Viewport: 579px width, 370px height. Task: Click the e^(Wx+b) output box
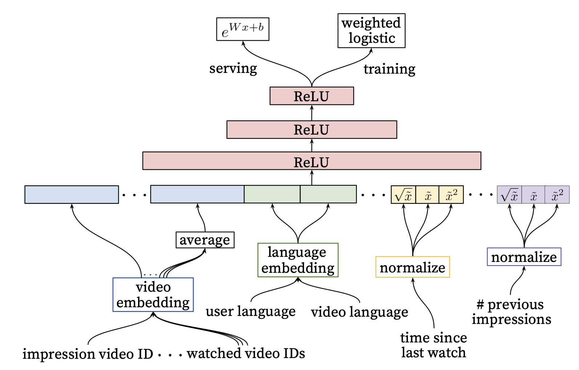click(x=243, y=29)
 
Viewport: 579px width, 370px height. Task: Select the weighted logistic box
click(x=371, y=31)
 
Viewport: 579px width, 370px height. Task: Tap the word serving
click(x=233, y=68)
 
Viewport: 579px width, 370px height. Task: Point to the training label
click(x=389, y=69)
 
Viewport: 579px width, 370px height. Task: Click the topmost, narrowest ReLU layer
click(x=312, y=96)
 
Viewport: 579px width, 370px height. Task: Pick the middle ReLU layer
click(x=312, y=130)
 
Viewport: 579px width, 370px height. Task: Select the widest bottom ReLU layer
click(x=312, y=161)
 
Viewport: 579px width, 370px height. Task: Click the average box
click(x=205, y=240)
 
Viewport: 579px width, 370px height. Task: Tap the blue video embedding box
click(x=153, y=295)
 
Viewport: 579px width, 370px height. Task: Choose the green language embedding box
click(x=298, y=260)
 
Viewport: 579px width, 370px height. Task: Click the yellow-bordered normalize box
click(x=412, y=267)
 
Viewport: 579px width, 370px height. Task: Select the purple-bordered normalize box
click(x=524, y=257)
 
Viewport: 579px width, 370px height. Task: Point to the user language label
click(x=250, y=312)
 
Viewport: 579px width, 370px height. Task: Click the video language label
click(x=359, y=312)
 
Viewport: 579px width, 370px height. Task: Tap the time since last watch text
click(x=433, y=345)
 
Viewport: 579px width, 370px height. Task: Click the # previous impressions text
click(x=511, y=312)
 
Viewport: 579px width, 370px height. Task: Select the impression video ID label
click(x=88, y=354)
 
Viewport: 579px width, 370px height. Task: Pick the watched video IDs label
click(x=246, y=353)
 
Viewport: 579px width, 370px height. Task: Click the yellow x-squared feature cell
click(x=451, y=195)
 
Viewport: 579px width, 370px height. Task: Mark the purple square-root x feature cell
click(x=509, y=195)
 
